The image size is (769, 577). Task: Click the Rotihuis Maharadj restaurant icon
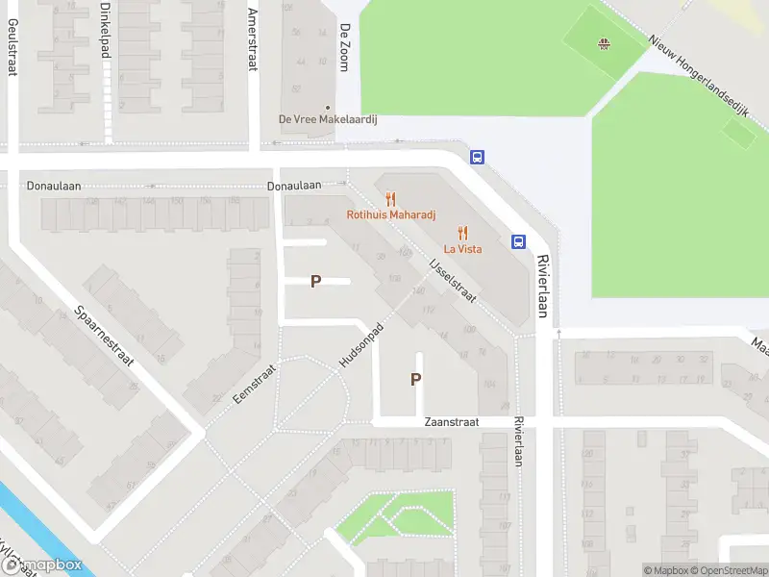pos(390,199)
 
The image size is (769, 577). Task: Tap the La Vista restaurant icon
pos(462,233)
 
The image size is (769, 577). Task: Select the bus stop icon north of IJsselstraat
pos(476,157)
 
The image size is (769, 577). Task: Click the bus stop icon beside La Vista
pos(518,241)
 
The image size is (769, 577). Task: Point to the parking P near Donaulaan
pos(315,281)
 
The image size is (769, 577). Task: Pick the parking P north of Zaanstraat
pos(415,379)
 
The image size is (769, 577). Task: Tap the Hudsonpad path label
pos(360,343)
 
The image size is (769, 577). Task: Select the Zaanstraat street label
pos(451,422)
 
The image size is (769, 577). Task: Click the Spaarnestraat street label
pos(106,337)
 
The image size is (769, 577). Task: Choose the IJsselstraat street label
pos(452,279)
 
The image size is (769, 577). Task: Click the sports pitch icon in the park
pos(605,43)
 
